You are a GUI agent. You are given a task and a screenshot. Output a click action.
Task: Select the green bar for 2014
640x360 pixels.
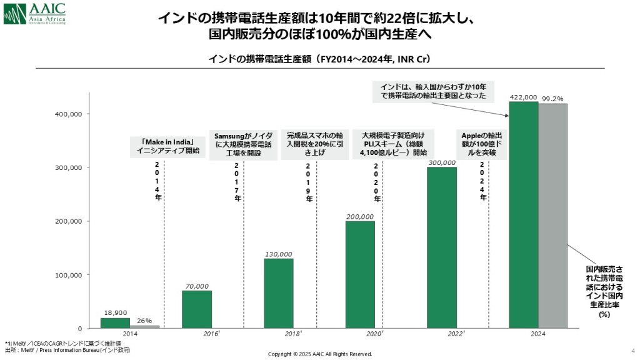coord(115,323)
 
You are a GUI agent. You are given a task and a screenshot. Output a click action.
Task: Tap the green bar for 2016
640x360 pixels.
coord(197,309)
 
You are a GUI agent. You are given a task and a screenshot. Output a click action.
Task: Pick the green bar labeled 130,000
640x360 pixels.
coord(278,293)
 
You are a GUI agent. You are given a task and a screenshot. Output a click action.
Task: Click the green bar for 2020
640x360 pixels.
coord(360,274)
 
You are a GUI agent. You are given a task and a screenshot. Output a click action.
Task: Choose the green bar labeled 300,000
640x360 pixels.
coord(442,247)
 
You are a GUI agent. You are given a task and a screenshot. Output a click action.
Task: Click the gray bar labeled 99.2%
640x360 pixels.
coord(552,216)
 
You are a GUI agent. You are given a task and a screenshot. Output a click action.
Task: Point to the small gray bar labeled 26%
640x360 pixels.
coord(144,326)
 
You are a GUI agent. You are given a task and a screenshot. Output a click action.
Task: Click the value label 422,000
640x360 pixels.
coord(523,97)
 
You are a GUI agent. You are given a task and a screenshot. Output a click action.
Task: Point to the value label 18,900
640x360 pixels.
coord(114,313)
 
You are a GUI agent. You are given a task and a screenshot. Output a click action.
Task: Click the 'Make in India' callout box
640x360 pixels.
coord(167,146)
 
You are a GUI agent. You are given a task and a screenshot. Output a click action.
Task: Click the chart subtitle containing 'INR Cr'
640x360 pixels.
coord(319,59)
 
